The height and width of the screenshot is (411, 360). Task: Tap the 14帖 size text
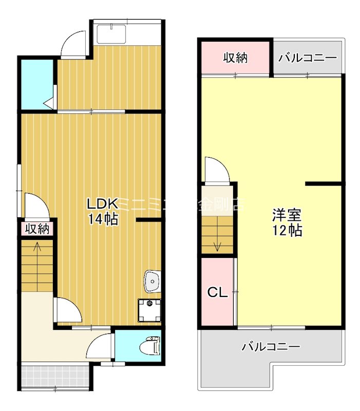pos(103,219)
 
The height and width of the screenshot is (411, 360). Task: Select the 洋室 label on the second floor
pos(287,214)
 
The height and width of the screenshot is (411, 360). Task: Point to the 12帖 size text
pos(287,231)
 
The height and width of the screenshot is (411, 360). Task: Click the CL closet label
pos(217,292)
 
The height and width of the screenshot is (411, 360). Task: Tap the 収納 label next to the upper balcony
pos(235,58)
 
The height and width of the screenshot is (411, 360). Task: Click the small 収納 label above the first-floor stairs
pos(37,229)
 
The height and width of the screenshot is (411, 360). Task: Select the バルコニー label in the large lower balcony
pos(271,347)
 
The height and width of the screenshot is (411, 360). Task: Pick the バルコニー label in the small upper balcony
pos(307,58)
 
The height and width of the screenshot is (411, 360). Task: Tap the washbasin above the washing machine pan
pos(152,281)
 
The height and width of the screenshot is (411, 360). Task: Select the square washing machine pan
pos(149,309)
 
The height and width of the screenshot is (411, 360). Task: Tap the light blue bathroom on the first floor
pos(36,85)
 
